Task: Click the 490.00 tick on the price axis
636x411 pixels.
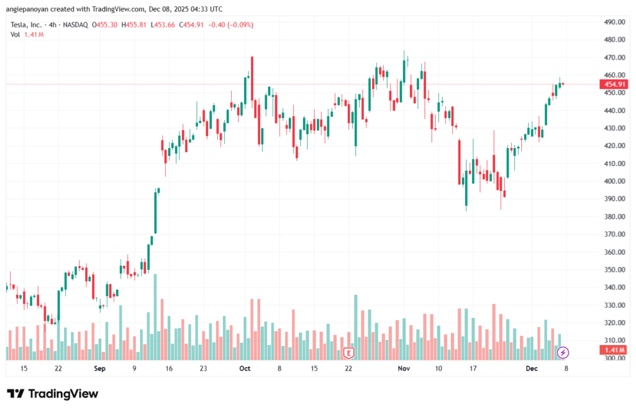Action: tap(614, 22)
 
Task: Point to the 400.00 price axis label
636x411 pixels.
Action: tap(614, 182)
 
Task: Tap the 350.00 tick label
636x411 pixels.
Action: tap(614, 270)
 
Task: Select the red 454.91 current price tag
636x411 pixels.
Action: tap(614, 84)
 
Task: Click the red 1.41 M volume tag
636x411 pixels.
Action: tap(614, 350)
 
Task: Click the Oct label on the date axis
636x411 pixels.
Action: tap(245, 368)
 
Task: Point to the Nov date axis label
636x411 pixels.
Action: tap(404, 368)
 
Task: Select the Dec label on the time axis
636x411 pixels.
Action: tap(531, 368)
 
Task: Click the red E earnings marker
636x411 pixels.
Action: tap(348, 353)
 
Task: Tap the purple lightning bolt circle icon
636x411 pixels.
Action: tap(563, 353)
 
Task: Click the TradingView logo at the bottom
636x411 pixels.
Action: tap(52, 394)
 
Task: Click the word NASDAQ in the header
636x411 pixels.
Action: tap(75, 25)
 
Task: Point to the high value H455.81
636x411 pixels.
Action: tap(134, 25)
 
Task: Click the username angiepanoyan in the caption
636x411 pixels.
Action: tap(28, 9)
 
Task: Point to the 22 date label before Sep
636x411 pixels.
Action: tap(58, 368)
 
